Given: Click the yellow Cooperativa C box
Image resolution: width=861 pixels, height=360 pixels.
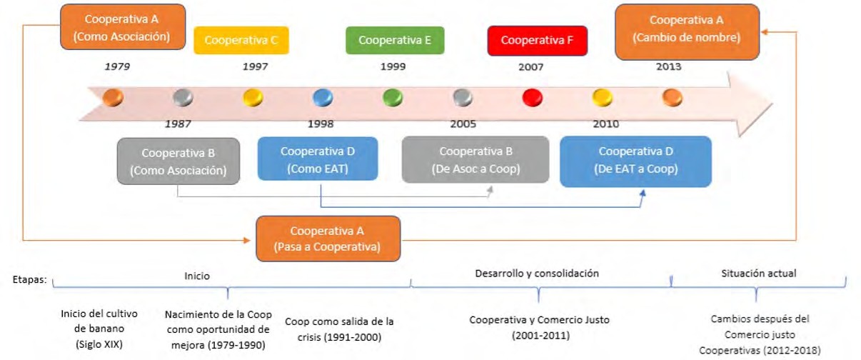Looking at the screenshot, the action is point(241,41).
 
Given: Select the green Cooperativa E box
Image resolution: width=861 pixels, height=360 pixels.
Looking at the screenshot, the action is point(394,41).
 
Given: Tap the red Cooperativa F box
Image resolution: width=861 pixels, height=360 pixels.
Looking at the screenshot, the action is point(537,41).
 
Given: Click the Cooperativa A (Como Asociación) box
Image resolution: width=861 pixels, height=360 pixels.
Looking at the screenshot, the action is point(123,27).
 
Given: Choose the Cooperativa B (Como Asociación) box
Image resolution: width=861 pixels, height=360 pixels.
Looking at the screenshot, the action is point(178,161).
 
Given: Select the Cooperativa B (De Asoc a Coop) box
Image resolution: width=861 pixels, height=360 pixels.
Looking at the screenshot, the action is point(475,160).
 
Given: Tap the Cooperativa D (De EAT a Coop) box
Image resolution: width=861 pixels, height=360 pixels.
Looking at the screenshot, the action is point(635,161).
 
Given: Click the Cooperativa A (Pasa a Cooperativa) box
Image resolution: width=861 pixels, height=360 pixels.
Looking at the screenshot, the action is point(328,239).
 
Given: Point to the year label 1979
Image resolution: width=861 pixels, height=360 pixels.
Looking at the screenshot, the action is point(117,67).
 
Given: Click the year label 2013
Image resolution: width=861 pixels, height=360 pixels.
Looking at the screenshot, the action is point(668,67).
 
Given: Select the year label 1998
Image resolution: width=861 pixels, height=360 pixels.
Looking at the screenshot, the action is point(321,124).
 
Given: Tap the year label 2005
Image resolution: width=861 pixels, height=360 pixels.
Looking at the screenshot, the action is point(463,124).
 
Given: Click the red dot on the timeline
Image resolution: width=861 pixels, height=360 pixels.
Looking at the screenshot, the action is point(533,96).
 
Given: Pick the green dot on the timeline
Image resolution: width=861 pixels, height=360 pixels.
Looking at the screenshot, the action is point(393,96).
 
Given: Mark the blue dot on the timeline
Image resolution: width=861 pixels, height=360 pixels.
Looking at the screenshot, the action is point(323,96).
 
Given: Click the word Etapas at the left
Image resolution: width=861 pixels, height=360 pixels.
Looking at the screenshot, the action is point(29,280).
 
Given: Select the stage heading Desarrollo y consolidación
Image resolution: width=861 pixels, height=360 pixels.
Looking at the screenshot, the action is point(537,273).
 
